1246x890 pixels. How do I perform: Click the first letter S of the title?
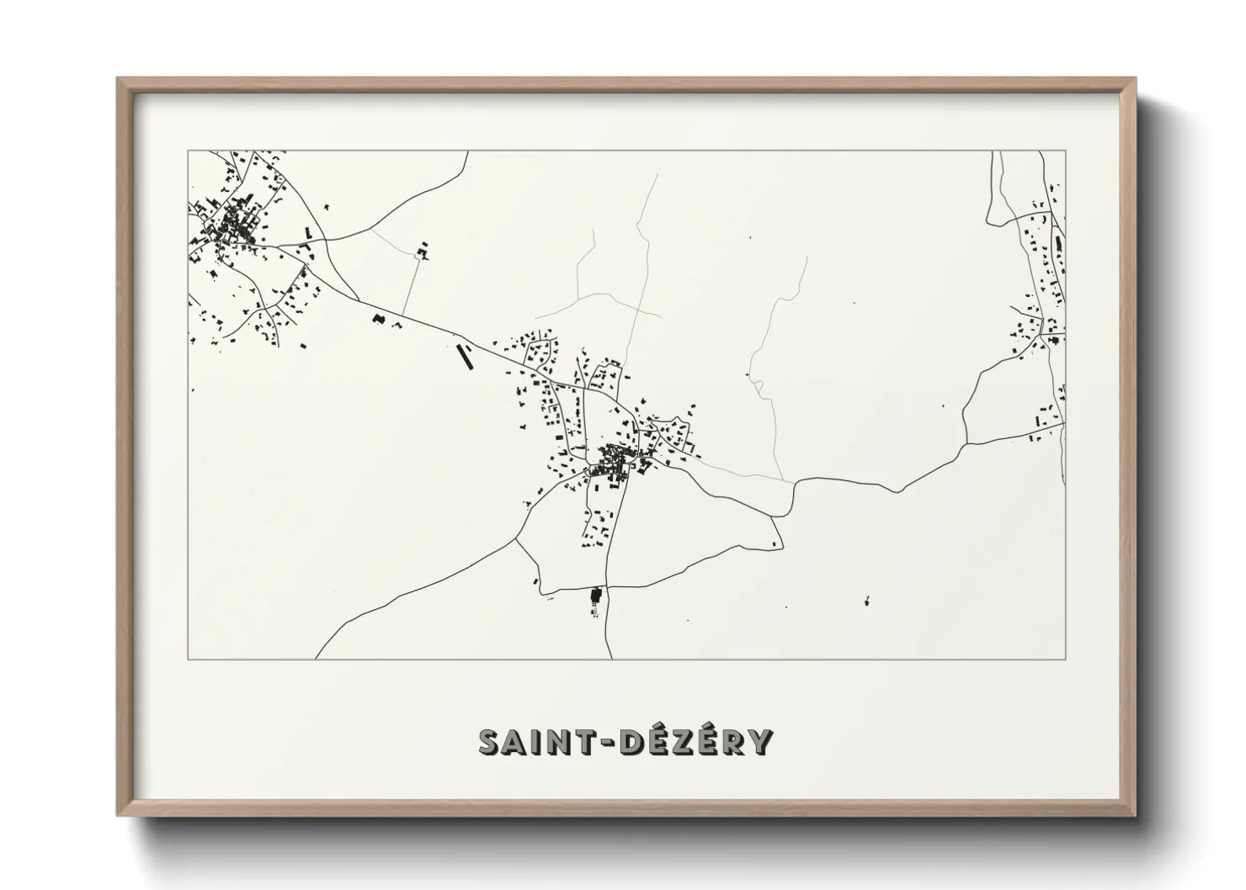coord(491,742)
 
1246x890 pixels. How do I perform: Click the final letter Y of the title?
coord(760,742)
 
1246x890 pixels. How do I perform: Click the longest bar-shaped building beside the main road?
coord(463,357)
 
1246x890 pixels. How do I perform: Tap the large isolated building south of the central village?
coord(597,596)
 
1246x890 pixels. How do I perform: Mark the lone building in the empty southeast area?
coord(865,601)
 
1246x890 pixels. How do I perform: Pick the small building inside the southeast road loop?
coord(772,547)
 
